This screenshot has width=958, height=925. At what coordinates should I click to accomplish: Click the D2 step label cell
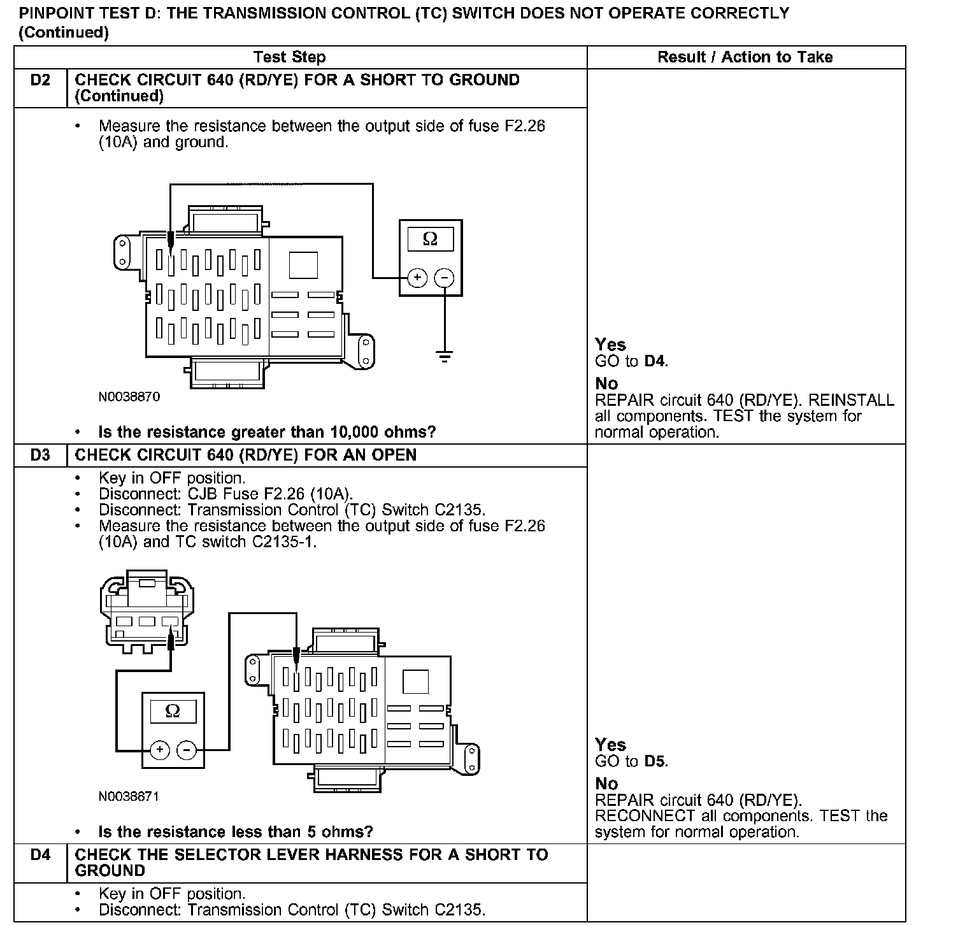coord(40,81)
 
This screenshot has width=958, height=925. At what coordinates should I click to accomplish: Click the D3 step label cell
coord(40,455)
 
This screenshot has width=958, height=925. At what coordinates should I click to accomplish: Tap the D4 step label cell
coord(40,855)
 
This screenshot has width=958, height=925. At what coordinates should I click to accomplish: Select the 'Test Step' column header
coord(290,57)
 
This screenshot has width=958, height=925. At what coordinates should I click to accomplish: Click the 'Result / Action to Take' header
coord(745,57)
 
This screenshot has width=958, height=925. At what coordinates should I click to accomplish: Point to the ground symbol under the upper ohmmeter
coord(445,356)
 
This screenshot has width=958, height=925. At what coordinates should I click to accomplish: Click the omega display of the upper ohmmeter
coord(431,239)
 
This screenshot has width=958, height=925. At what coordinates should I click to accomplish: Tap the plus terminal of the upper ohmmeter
coord(417,278)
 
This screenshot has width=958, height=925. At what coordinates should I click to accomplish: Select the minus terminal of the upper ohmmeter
coord(445,278)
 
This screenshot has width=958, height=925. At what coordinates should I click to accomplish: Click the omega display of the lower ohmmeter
coord(173,711)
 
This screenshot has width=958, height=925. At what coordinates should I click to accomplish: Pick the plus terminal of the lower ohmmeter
coord(159,750)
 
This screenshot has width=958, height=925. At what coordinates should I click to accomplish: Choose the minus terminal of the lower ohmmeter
coord(187,750)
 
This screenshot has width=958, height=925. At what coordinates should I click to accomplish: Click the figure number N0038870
coord(129,397)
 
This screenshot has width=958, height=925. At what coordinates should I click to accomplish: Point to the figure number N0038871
coord(129,796)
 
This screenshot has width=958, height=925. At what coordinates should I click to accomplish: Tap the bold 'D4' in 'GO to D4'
coord(655,361)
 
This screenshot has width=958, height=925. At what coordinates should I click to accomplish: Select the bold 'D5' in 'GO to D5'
coord(655,761)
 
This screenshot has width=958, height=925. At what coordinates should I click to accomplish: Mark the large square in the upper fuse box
coord(303,265)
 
